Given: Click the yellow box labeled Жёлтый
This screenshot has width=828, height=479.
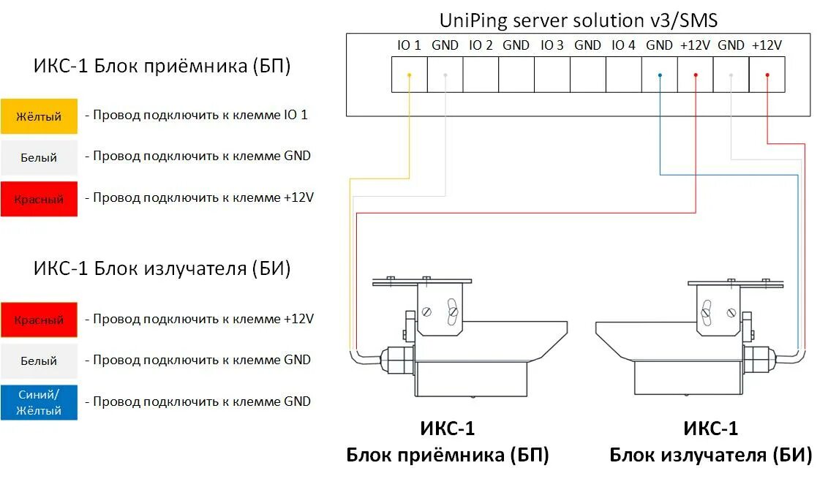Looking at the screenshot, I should (x=39, y=116).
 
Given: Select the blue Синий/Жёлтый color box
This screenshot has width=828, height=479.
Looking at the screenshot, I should (x=39, y=401).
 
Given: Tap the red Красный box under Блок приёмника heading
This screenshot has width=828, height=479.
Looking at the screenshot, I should (x=39, y=199).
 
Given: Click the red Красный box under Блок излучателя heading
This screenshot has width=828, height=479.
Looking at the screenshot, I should (x=39, y=320).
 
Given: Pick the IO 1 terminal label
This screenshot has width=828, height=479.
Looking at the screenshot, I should (x=409, y=45).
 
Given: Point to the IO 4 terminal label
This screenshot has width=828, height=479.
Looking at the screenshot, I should (x=623, y=45).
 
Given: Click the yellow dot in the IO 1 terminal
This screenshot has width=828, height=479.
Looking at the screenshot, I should (x=410, y=75).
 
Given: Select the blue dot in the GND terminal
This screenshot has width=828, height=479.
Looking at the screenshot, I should (x=660, y=75).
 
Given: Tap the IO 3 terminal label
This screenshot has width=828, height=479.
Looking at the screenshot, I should (x=552, y=45).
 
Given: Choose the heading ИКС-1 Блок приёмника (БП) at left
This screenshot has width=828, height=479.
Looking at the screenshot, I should (x=162, y=67).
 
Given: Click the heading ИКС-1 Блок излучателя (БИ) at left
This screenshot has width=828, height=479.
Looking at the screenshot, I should (x=162, y=268).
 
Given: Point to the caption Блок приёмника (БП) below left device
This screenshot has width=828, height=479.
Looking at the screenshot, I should (x=447, y=455).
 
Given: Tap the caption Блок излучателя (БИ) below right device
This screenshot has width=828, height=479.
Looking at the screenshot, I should (x=711, y=455).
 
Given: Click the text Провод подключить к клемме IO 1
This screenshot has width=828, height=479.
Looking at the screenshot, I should (x=200, y=115).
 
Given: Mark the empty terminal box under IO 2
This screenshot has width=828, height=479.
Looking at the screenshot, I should (x=481, y=75).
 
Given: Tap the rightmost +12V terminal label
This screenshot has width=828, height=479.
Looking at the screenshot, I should (x=767, y=45).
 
